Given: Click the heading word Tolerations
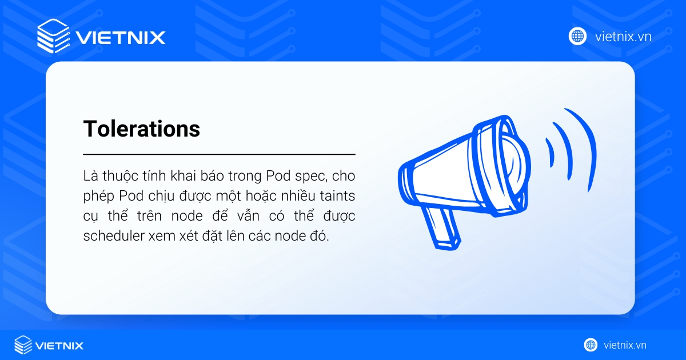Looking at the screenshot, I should pyautogui.click(x=142, y=129).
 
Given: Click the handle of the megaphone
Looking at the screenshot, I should pyautogui.click(x=442, y=228).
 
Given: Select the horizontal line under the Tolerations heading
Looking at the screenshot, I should pyautogui.click(x=219, y=154).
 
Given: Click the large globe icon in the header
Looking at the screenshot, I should pyautogui.click(x=577, y=36).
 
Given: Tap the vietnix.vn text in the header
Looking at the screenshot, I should pyautogui.click(x=623, y=37).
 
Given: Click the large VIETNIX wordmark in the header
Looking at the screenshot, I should pyautogui.click(x=120, y=38).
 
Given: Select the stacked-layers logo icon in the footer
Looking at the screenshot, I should pyautogui.click(x=23, y=345).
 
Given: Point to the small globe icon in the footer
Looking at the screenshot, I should pyautogui.click(x=591, y=345).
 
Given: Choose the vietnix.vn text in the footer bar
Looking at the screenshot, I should pyautogui.click(x=625, y=345).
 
